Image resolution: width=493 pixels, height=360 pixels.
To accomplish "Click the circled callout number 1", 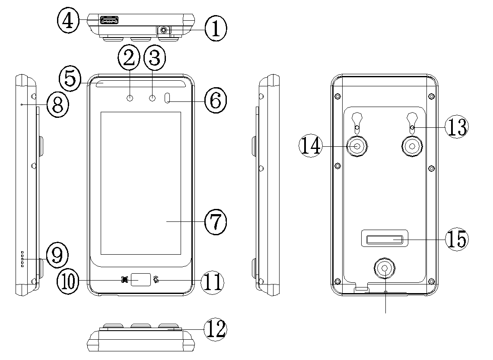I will pos(215,29).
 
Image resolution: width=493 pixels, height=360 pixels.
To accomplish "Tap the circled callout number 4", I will pos(68,21).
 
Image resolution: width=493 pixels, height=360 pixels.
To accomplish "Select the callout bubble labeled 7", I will pos(215,221).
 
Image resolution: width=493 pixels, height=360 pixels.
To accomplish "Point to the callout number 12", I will pos(215,329).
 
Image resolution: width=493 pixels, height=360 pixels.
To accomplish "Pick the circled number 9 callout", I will pos(57,256).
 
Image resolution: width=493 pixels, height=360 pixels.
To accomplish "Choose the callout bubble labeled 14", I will pos(311,146).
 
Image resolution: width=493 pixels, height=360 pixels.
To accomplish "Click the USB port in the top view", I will pos(109,20).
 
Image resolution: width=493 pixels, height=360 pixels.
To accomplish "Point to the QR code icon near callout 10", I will pos(125,280).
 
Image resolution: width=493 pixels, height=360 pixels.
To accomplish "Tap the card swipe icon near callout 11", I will pos(156,280).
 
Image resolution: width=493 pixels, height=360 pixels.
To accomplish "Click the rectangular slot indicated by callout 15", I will pos(384,240).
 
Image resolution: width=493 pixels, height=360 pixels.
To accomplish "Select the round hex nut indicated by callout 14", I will pos(357,146).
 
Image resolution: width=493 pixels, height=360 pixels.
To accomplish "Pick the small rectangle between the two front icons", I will pos(140,280).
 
